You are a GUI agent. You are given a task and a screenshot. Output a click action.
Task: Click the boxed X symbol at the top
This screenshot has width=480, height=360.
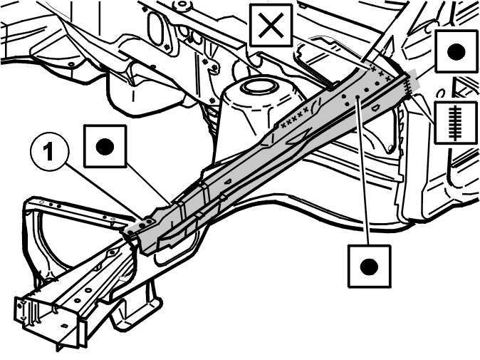271,26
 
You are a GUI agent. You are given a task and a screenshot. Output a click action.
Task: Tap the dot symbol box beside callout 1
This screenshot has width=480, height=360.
105,146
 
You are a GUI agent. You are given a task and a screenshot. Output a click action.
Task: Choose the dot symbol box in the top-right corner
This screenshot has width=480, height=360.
456,51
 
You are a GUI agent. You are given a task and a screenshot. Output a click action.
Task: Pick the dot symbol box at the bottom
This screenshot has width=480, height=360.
369,266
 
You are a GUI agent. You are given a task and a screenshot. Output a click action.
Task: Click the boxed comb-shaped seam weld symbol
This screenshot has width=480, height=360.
456,123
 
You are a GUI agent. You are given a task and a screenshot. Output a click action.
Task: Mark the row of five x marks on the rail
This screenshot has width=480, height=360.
295,117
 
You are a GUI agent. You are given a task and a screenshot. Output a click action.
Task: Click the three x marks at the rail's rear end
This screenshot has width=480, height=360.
380,73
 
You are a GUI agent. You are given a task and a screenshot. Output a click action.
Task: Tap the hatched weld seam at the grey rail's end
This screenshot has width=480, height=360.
408,84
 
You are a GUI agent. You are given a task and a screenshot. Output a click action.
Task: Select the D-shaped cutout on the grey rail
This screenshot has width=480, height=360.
375,108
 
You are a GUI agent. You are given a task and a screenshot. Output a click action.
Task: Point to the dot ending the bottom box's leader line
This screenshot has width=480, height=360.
358,97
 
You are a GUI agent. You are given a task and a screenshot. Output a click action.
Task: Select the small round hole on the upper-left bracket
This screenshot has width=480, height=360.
71,64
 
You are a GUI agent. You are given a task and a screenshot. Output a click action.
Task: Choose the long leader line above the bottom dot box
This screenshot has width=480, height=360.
363,172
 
